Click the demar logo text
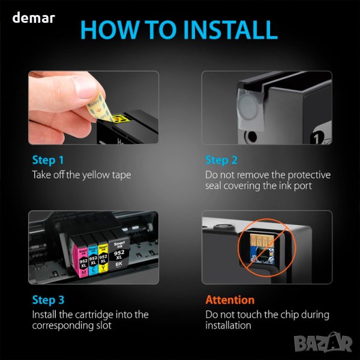pyautogui.click(x=34, y=18)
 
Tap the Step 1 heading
pyautogui.click(x=48, y=160)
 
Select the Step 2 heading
pyautogui.click(x=221, y=160)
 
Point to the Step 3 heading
pyautogui.click(x=48, y=300)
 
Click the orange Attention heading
pyautogui.click(x=230, y=300)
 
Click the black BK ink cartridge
pyautogui.click(x=119, y=252)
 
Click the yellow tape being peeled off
pyautogui.click(x=99, y=107)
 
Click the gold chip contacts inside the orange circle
pyautogui.click(x=262, y=240)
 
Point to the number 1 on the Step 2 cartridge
pyautogui.click(x=317, y=137)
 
